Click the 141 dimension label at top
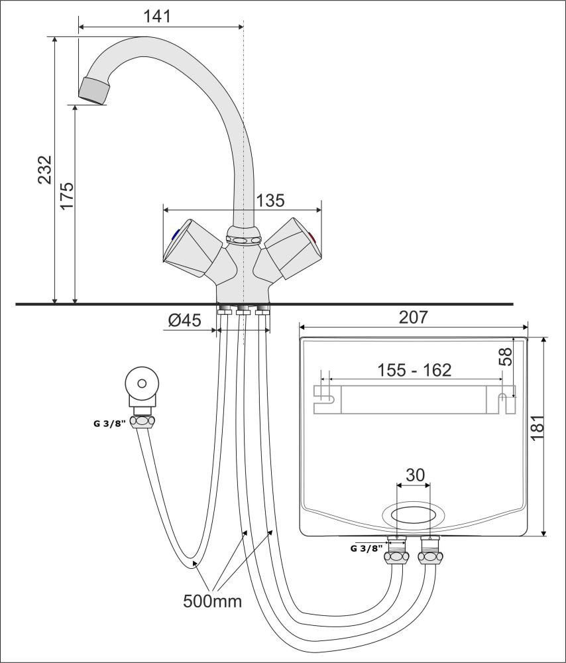[x=157, y=16]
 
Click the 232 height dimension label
[x=45, y=170]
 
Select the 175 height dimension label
[x=67, y=196]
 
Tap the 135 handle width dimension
[x=270, y=200]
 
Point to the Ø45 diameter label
[x=185, y=320]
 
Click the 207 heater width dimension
[x=414, y=317]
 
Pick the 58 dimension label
[x=506, y=357]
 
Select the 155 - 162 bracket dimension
[x=414, y=370]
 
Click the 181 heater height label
[x=538, y=427]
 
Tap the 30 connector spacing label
[x=415, y=475]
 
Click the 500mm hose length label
[x=213, y=601]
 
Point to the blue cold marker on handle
[x=175, y=235]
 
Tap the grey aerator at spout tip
[x=94, y=90]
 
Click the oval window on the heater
[x=414, y=516]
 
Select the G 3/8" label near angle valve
[x=109, y=423]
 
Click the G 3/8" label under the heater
[x=367, y=548]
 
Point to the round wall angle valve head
[x=142, y=384]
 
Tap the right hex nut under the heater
[x=429, y=556]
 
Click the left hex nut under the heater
[x=396, y=556]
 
